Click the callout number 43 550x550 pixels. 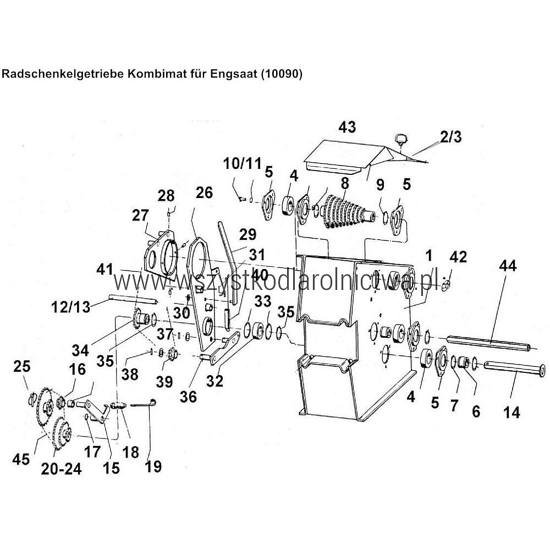347,127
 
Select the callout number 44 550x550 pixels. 509,266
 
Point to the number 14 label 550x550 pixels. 512,412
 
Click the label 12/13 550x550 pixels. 70,307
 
